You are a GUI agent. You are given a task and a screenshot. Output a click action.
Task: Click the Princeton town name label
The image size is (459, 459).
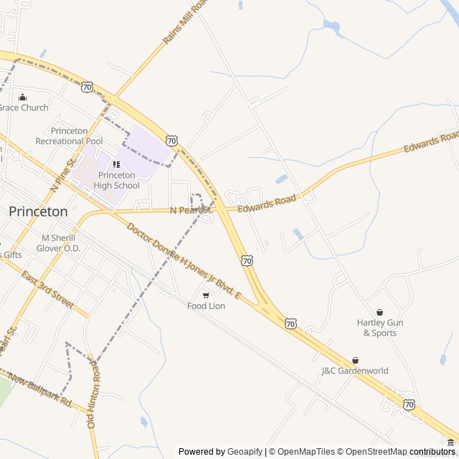[38, 212]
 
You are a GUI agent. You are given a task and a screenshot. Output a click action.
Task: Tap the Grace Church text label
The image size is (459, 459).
[24, 108]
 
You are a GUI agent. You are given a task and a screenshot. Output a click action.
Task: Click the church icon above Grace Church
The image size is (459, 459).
[22, 97]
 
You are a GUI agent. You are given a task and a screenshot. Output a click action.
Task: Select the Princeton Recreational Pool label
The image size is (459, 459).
[69, 136]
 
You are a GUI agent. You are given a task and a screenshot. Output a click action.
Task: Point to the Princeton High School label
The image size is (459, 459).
[116, 180]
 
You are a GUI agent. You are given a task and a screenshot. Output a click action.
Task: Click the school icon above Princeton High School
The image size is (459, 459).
[116, 165]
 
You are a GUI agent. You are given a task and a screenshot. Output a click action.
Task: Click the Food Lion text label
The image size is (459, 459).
[206, 306]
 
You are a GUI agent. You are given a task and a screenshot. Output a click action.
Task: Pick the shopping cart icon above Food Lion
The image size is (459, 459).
[206, 295]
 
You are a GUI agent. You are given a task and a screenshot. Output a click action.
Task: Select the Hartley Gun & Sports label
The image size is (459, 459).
[379, 328]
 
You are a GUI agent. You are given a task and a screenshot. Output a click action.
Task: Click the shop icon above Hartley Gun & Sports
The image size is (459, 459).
[379, 312]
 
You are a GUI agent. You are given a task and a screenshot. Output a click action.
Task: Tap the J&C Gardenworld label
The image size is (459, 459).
[355, 371]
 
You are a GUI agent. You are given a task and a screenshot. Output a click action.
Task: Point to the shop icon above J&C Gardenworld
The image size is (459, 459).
[355, 360]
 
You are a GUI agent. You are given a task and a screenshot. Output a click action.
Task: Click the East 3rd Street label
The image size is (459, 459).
[47, 290]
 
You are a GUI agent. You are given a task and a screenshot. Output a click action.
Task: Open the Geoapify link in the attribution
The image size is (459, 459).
[245, 452]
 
